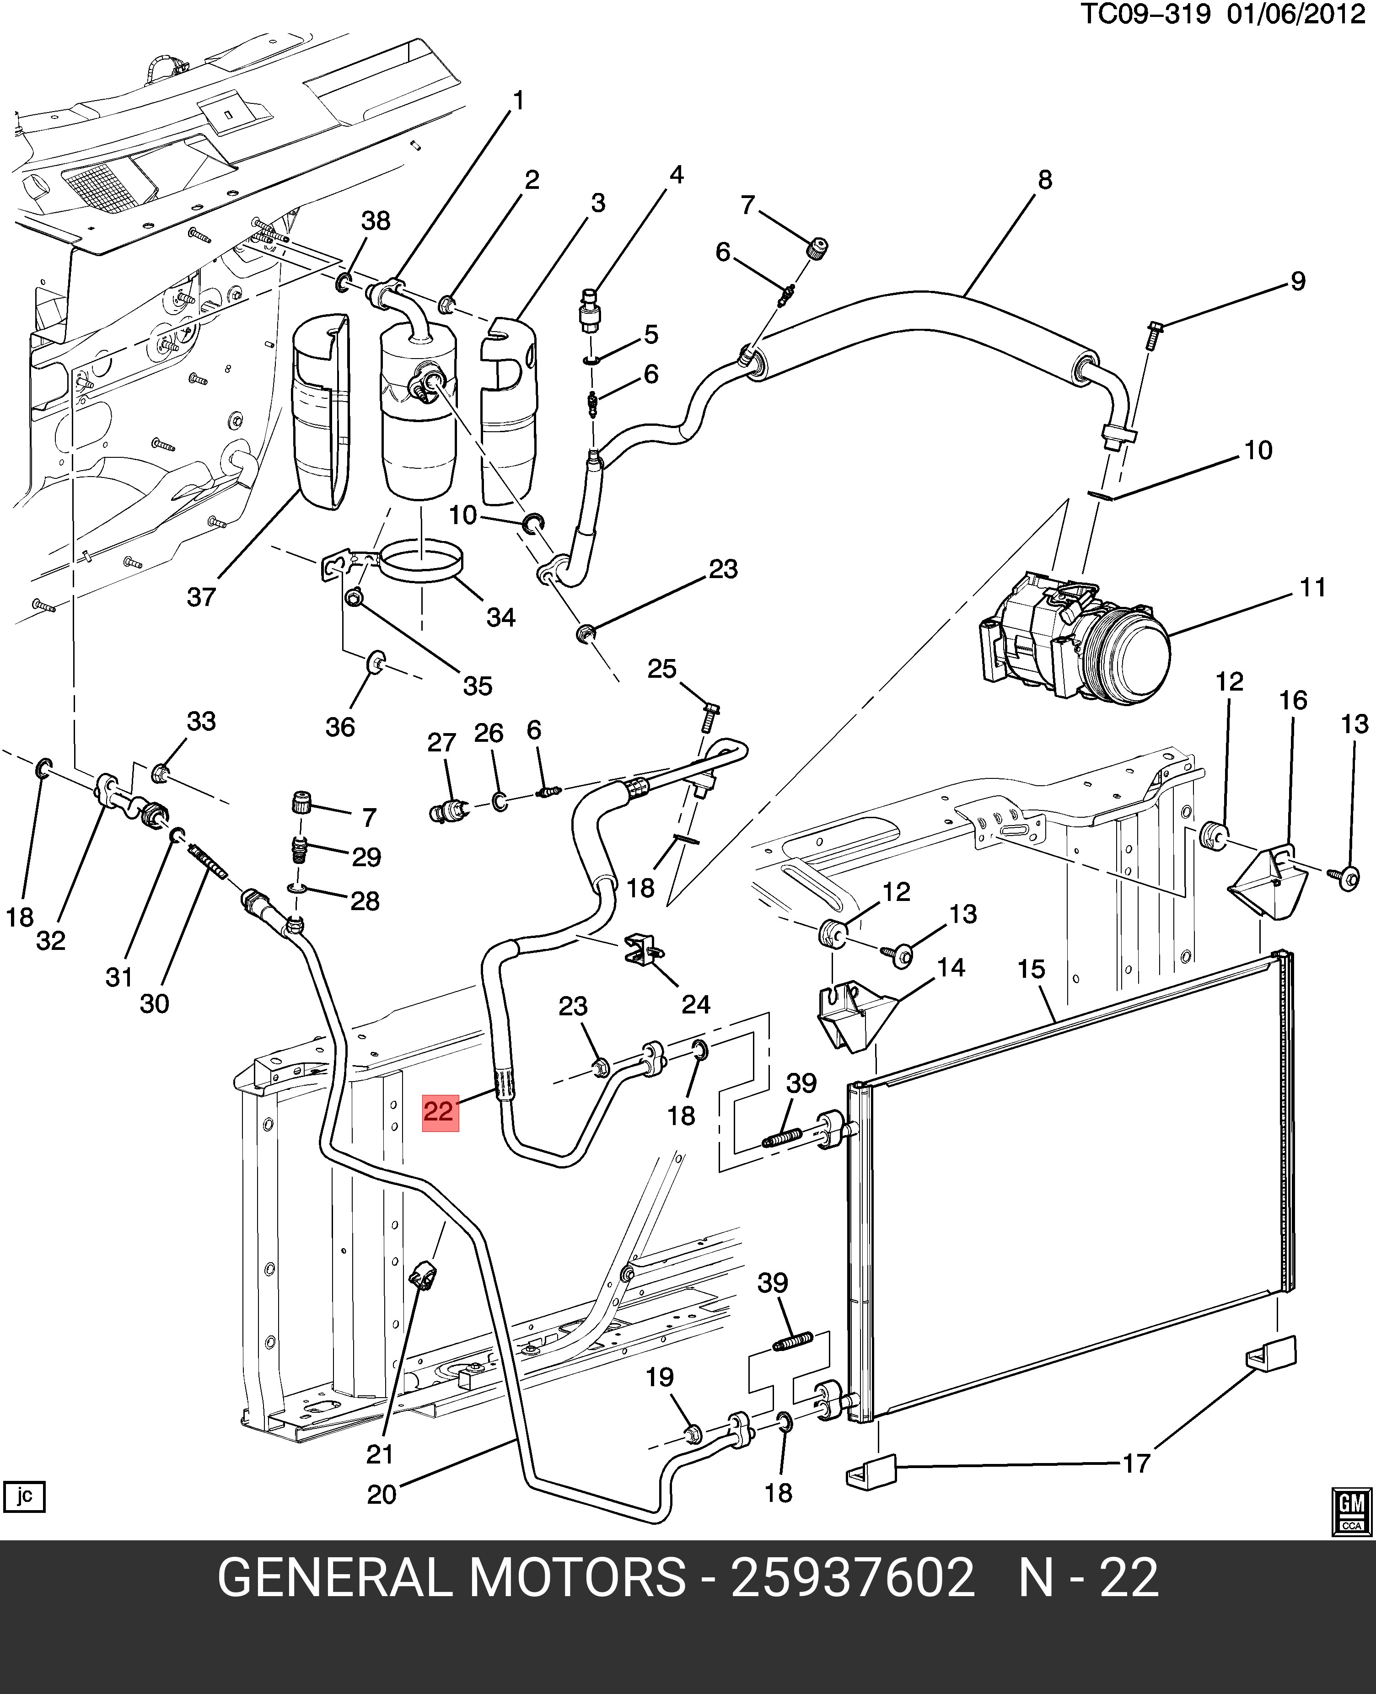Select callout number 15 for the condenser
tap(1031, 969)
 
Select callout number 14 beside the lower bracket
tap(951, 967)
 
